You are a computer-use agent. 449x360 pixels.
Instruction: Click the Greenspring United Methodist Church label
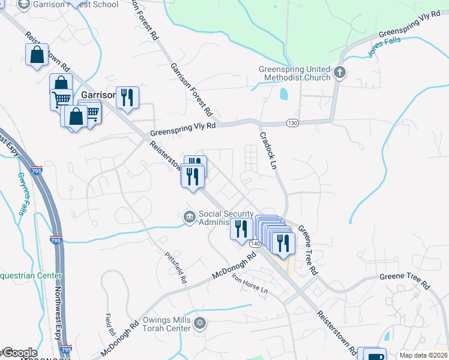[294, 73]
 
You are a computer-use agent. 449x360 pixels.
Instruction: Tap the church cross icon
[340, 73]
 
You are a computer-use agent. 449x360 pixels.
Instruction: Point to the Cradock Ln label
[268, 150]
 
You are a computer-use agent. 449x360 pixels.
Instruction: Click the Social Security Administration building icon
[189, 216]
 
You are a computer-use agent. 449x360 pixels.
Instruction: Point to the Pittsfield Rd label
[176, 268]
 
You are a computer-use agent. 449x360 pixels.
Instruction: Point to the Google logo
[19, 353]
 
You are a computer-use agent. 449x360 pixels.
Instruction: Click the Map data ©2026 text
[423, 355]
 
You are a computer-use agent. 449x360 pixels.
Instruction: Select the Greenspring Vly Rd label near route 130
[182, 127]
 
